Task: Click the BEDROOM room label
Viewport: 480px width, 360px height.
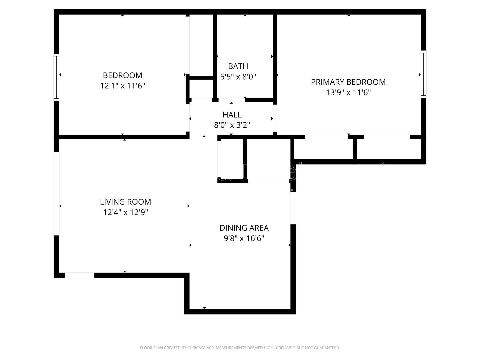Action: point(122,75)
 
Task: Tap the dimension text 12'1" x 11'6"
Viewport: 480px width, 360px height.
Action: point(122,86)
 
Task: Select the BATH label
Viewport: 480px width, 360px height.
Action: point(238,66)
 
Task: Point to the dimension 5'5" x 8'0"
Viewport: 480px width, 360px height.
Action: point(238,77)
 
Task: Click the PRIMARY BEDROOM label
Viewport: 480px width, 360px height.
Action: point(348,82)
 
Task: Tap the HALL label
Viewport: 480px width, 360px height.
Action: point(232,115)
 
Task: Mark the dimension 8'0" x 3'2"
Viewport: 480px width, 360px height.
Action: point(232,125)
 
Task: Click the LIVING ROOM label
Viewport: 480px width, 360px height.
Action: point(125,202)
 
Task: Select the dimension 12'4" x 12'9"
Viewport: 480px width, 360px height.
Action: point(125,212)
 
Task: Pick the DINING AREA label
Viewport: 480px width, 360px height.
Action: point(244,228)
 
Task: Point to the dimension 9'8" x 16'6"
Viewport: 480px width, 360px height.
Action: point(244,238)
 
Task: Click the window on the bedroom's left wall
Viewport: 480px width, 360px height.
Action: point(56,77)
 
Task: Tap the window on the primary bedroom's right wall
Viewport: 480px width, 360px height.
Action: point(423,74)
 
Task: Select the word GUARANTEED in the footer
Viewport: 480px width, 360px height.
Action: point(328,348)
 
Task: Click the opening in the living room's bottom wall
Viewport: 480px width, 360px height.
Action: point(79,275)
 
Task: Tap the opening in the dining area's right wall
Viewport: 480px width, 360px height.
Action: point(293,208)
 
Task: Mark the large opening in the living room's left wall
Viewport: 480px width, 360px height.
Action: point(56,194)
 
